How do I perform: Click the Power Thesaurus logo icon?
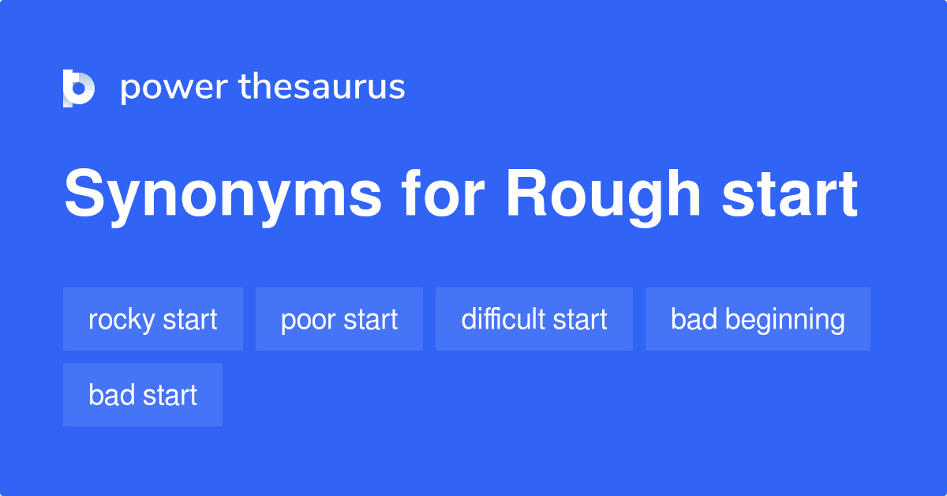(x=79, y=88)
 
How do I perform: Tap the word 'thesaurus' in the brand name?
(x=322, y=86)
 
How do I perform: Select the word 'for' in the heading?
(x=442, y=193)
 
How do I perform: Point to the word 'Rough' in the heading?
(x=603, y=197)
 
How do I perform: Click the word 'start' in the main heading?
(x=790, y=194)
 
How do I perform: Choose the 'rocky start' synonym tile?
(x=153, y=319)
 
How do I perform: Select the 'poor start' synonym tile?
(x=339, y=319)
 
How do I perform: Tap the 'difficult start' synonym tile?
(x=534, y=319)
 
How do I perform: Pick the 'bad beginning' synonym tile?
(x=758, y=319)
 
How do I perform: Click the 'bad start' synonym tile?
(x=143, y=395)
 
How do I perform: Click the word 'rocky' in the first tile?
(x=122, y=321)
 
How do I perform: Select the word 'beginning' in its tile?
(x=785, y=321)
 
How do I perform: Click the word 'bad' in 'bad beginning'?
(x=694, y=318)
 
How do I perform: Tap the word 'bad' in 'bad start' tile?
(x=111, y=394)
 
